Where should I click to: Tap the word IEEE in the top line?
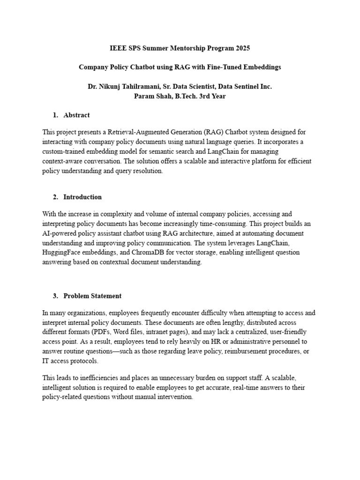pyautogui.click(x=118, y=48)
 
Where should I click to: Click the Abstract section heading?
pyautogui.click(x=76, y=115)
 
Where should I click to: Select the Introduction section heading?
pyautogui.click(x=82, y=197)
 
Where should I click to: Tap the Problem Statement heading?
pyautogui.click(x=92, y=296)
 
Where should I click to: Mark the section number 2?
pyautogui.click(x=55, y=197)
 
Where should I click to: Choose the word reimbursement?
pyautogui.click(x=233, y=352)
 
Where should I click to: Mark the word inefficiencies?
pyautogui.click(x=100, y=378)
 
